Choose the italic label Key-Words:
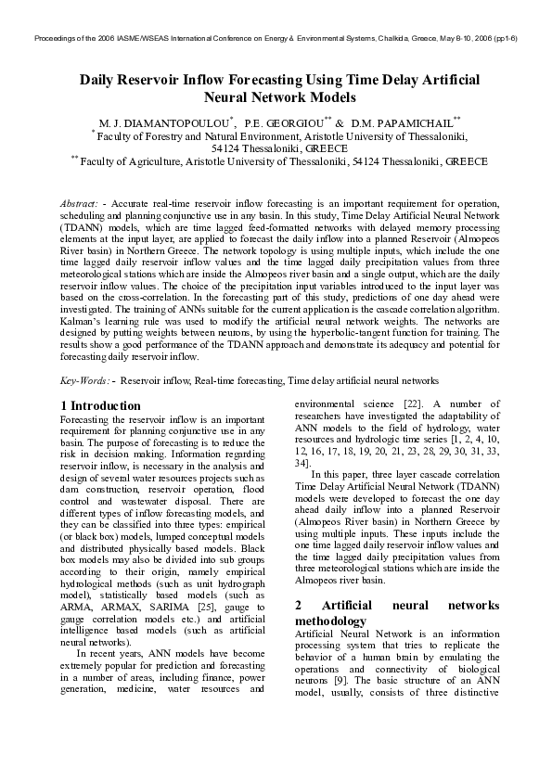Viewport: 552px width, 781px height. tap(85, 380)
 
